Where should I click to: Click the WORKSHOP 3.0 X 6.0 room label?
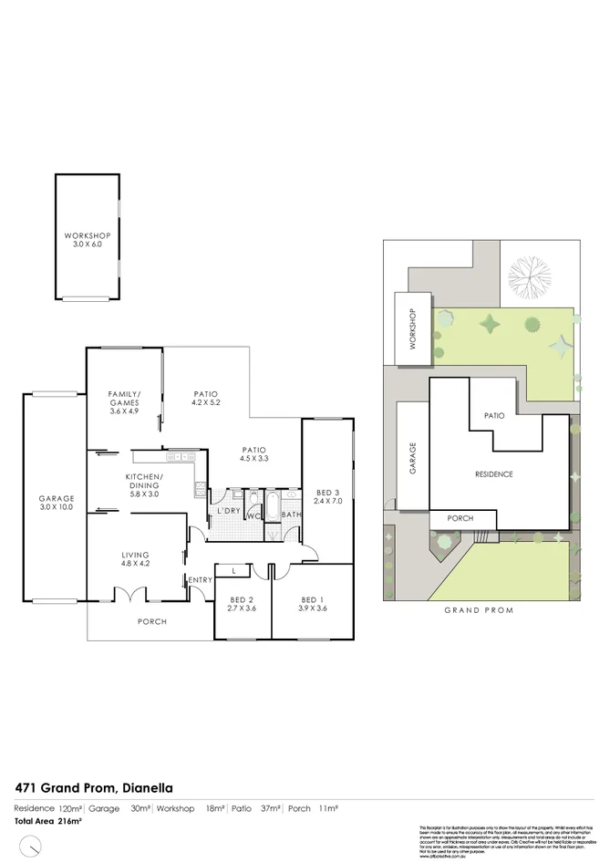point(87,240)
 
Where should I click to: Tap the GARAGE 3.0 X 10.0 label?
point(56,503)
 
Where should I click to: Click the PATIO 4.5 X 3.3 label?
point(253,454)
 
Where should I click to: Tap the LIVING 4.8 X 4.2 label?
point(134,559)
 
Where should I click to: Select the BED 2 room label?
point(242,603)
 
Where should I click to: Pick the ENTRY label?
point(200,580)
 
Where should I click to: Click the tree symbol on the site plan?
point(531,274)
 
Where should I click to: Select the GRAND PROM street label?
point(479,610)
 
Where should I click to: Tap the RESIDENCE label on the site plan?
point(493,474)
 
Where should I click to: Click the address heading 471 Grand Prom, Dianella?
point(94,786)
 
